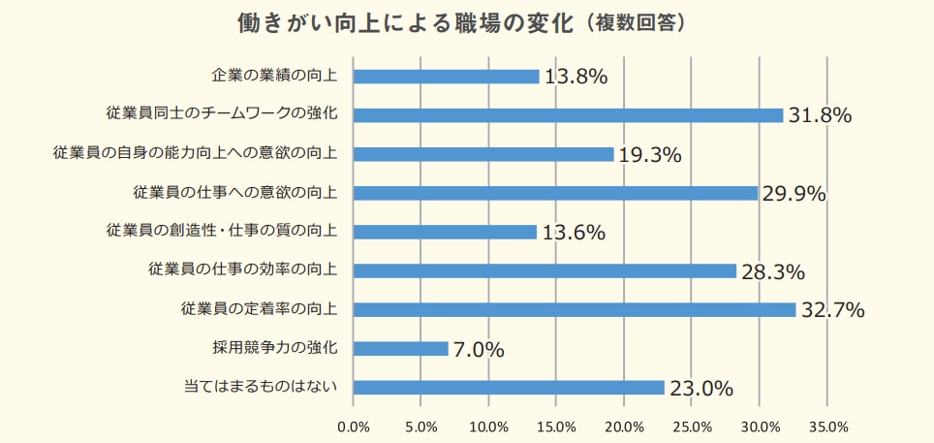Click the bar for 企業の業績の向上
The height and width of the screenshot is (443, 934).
click(446, 77)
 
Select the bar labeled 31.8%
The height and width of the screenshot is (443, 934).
click(568, 115)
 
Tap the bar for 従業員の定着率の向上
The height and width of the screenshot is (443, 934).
click(574, 309)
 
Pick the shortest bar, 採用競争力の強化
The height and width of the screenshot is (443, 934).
click(401, 348)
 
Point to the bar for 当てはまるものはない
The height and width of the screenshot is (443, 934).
click(509, 387)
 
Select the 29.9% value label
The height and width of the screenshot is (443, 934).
click(794, 194)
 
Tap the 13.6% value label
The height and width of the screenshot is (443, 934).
click(573, 233)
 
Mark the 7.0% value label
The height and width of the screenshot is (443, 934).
click(479, 350)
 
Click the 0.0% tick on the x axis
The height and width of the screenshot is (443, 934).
click(353, 427)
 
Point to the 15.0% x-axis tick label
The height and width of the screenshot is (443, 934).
click(555, 427)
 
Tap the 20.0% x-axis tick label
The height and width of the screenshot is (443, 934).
click(623, 427)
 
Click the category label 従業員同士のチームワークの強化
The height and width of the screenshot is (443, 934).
click(222, 114)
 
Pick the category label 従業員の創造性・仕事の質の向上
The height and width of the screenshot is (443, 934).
click(222, 231)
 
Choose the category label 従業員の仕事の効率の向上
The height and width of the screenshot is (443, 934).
click(242, 269)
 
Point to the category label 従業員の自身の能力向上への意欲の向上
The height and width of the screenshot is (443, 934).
click(195, 153)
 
